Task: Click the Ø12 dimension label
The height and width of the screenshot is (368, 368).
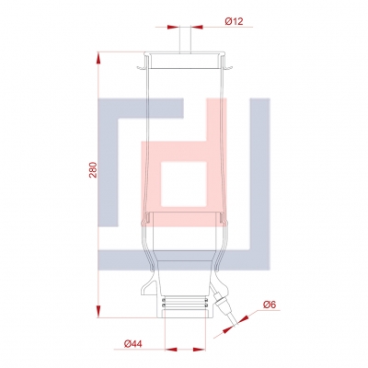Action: pyautogui.click(x=234, y=21)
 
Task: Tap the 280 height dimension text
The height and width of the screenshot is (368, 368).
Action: pyautogui.click(x=93, y=169)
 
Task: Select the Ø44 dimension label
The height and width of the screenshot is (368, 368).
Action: pyautogui.click(x=133, y=344)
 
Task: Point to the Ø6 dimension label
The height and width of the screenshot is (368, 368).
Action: pyautogui.click(x=270, y=305)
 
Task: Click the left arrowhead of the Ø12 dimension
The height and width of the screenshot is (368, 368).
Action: pyautogui.click(x=173, y=27)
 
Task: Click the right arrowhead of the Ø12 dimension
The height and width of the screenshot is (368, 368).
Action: pyautogui.click(x=197, y=27)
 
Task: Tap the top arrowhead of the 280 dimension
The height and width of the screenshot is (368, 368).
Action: pyautogui.click(x=98, y=58)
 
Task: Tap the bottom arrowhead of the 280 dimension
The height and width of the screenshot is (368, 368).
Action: pyautogui.click(x=98, y=311)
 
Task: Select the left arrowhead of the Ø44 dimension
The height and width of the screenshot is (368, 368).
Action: pyautogui.click(x=171, y=350)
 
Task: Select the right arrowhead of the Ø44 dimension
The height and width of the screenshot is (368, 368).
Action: pyautogui.click(x=200, y=350)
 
